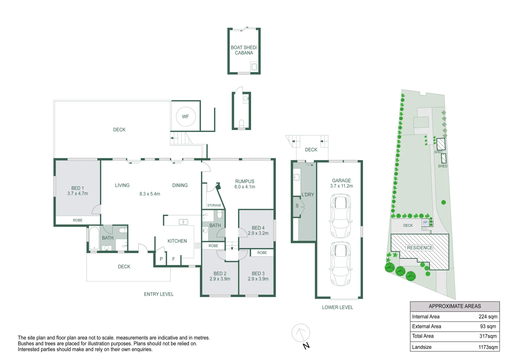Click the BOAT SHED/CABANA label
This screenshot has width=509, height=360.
coord(244,50)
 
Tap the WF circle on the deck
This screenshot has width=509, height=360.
coord(186,117)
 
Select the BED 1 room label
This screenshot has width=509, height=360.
coord(76,188)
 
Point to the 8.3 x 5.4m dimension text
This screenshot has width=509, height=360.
coord(150,194)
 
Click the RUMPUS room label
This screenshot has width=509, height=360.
coord(245,181)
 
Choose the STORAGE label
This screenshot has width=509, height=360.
coord(214,205)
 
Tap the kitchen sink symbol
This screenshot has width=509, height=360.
coord(183,222)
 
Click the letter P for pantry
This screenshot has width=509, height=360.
coord(161,259)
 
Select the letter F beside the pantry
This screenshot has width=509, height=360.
coord(173,259)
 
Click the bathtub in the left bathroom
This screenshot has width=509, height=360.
coord(94,238)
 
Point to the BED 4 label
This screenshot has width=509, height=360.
coord(258,228)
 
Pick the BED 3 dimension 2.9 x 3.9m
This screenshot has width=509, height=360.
coord(258,279)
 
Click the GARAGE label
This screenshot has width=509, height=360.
coord(341,180)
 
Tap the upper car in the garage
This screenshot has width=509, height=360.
coord(341,216)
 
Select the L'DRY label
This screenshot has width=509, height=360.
coord(308,195)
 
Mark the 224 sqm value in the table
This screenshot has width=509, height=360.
coord(488,317)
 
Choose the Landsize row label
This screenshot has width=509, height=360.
coord(422,347)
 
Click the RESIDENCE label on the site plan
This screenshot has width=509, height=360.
coord(420,248)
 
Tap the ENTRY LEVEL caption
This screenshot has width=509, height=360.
coord(159,294)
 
